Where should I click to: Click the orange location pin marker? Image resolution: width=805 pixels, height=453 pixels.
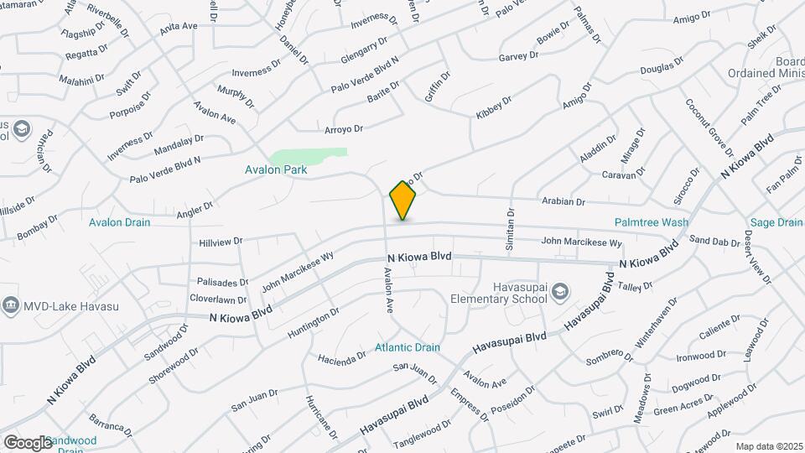[403, 200]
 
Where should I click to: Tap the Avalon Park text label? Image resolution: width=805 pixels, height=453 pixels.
[276, 169]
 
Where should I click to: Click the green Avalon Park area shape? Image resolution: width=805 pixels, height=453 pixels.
[311, 157]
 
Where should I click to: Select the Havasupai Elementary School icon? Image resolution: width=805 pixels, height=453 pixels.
[560, 290]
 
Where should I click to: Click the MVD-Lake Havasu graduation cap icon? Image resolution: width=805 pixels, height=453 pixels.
[10, 303]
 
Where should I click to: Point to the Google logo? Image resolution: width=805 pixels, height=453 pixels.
[28, 443]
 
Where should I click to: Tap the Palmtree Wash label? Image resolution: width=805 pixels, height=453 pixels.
[651, 222]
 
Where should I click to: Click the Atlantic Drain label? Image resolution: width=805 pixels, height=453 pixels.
[408, 347]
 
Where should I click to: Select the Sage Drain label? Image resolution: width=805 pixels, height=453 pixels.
[775, 222]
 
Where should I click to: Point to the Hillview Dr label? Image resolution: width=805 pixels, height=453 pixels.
[221, 241]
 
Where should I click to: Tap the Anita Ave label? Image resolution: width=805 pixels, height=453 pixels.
[179, 26]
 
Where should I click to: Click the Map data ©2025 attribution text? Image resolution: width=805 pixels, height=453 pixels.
[770, 446]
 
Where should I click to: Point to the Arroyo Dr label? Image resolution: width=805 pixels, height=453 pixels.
[344, 128]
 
